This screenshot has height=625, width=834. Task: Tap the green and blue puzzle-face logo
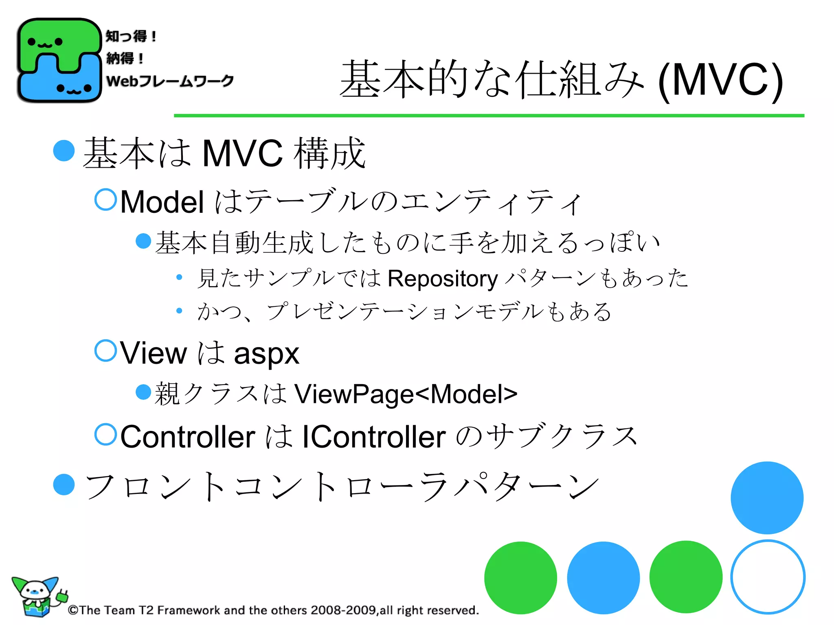[59, 60]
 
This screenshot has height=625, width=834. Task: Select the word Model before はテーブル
[162, 202]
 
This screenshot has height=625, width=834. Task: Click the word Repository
[443, 279]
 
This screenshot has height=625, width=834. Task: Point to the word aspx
[266, 353]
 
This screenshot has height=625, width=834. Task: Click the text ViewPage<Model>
[406, 394]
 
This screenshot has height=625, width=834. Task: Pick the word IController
[373, 437]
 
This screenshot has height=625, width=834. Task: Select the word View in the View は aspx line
[154, 353]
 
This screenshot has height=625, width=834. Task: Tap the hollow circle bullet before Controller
[105, 434]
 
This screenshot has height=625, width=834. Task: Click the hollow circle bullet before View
[105, 350]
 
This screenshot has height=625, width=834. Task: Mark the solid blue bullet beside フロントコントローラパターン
[64, 485]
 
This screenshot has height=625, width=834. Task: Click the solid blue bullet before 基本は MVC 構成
[64, 151]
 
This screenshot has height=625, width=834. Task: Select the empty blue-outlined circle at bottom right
[768, 577]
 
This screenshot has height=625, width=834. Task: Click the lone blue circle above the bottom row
[767, 498]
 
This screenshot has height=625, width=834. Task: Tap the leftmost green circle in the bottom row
[520, 577]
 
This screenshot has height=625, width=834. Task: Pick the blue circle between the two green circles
[603, 577]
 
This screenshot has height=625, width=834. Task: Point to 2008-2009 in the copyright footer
[343, 610]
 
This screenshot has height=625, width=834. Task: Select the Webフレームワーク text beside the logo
[170, 81]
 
